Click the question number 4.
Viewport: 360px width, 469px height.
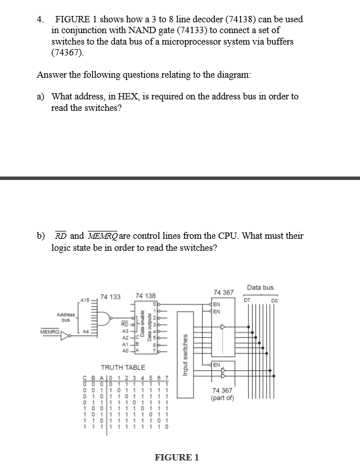pyautogui.click(x=39, y=19)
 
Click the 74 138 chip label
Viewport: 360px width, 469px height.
pyautogui.click(x=145, y=296)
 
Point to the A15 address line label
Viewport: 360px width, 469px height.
pyautogui.click(x=85, y=299)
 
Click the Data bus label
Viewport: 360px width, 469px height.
pyautogui.click(x=260, y=287)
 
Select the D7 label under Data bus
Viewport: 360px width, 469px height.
pyautogui.click(x=247, y=298)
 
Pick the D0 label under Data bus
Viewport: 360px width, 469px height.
pyautogui.click(x=274, y=298)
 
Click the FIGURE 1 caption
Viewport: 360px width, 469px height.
pyautogui.click(x=177, y=457)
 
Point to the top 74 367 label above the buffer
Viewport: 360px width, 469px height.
pyautogui.click(x=223, y=292)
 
